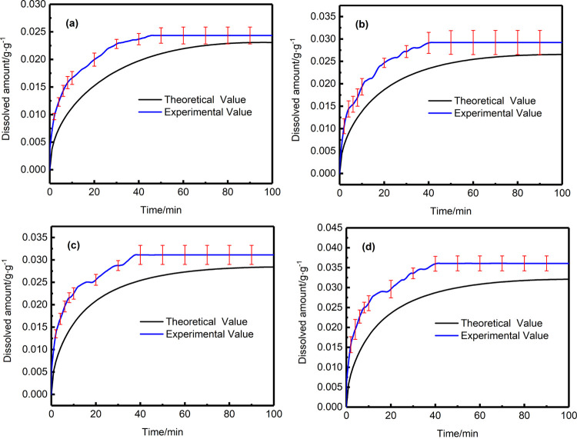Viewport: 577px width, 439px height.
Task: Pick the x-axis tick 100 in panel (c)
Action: (x=272, y=415)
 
